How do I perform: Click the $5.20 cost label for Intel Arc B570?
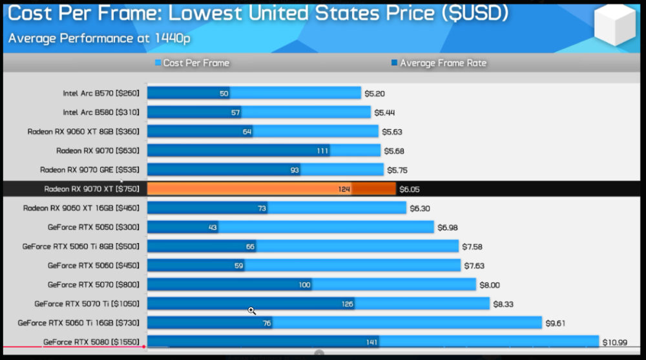[x=375, y=94]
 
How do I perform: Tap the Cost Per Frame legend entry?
[x=192, y=63]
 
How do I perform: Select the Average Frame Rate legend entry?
[x=439, y=63]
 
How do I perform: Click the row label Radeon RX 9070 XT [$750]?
[x=92, y=189]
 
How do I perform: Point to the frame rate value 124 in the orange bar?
[x=344, y=189]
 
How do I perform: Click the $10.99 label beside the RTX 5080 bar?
[x=615, y=343]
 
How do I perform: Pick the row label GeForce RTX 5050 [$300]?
[x=94, y=228]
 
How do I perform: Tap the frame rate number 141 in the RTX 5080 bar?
[x=371, y=343]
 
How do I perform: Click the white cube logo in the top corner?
[x=614, y=25]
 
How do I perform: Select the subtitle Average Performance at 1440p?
[x=99, y=38]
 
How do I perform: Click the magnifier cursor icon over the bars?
[x=252, y=310]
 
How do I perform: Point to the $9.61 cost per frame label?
[x=556, y=323]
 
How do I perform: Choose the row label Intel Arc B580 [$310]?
[x=101, y=112]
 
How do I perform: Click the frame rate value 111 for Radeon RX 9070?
[x=322, y=151]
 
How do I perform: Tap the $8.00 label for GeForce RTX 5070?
[x=490, y=285]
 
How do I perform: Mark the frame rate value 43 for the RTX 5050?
[x=213, y=228]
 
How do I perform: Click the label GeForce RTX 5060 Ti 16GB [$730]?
[x=78, y=323]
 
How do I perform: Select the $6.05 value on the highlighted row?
[x=410, y=189]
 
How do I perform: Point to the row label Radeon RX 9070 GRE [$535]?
[x=89, y=170]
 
